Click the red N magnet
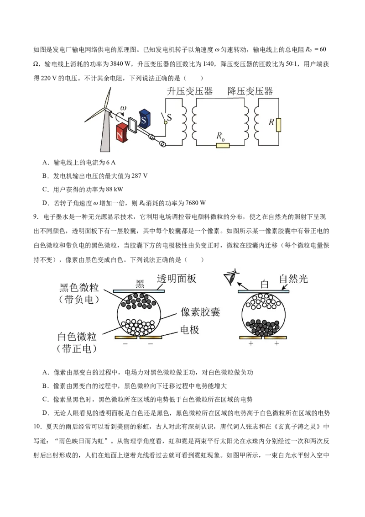coord(121,132)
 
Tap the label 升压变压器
coord(190,91)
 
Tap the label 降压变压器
coord(250,91)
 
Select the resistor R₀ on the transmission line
coord(223,145)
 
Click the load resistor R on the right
coord(279,124)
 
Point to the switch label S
coord(169,117)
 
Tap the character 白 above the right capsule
coord(265,284)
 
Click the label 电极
coord(190,329)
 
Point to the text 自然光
coord(294,278)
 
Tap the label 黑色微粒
coord(79,288)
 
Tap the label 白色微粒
coord(77,337)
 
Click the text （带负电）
coord(79,300)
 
